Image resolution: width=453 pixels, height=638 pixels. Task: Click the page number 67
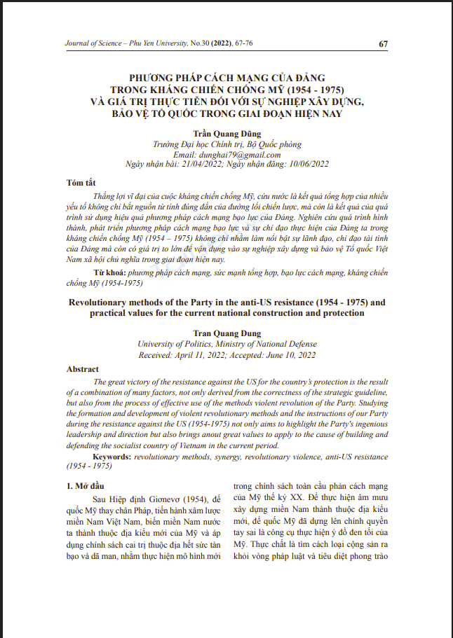click(x=384, y=44)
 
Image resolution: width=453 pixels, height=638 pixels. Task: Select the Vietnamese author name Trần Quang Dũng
click(x=226, y=133)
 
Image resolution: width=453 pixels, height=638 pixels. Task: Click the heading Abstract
click(x=83, y=368)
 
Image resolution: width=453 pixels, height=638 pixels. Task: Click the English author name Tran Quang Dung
click(x=226, y=334)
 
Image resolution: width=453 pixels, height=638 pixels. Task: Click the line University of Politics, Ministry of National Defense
click(x=226, y=345)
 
